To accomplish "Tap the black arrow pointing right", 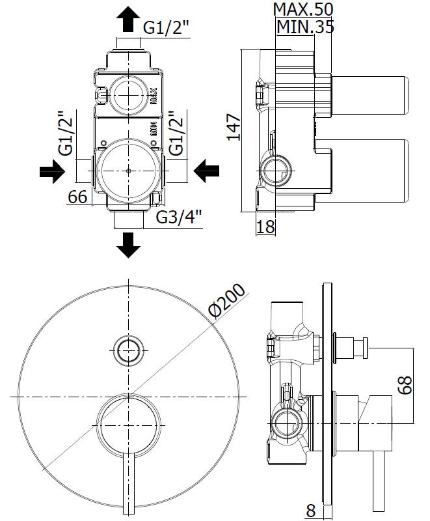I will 52,172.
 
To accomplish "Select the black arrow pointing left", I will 208,172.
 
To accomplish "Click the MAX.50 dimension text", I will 303,9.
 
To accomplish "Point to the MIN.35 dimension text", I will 305,27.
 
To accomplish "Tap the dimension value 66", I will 78,197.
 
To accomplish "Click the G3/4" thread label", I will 179,217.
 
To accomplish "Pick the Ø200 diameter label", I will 228,300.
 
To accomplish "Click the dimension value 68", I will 405,384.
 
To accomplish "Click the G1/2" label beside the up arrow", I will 167,28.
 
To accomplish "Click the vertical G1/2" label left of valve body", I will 65,134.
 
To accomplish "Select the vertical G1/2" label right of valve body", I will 175,134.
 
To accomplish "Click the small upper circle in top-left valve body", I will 129,92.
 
